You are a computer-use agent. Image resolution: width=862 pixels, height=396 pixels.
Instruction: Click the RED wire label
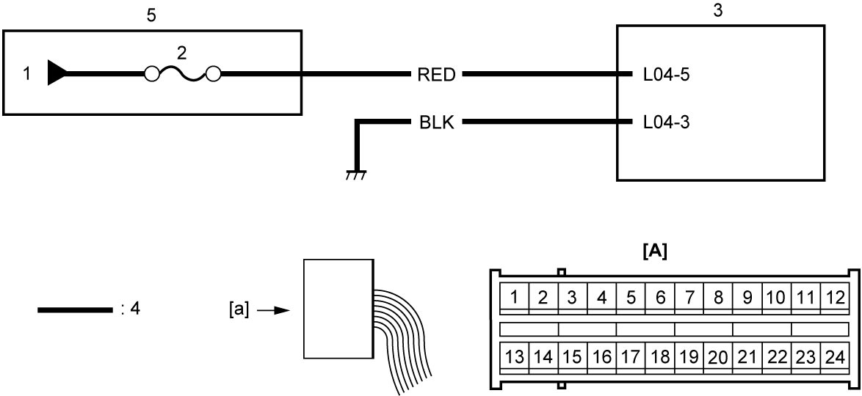(x=436, y=75)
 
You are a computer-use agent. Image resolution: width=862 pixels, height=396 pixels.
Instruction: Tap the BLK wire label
(x=436, y=122)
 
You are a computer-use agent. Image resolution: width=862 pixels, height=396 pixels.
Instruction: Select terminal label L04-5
(x=666, y=75)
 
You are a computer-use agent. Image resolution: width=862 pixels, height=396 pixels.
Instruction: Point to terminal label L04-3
(x=666, y=122)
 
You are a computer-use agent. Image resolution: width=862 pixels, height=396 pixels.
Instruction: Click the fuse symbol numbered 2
(x=183, y=73)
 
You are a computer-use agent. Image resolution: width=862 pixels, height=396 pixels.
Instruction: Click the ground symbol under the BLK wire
(x=356, y=175)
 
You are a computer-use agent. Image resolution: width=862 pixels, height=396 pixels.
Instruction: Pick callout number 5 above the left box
(x=152, y=15)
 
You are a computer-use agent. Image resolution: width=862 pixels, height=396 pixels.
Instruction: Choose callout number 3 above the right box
(x=717, y=12)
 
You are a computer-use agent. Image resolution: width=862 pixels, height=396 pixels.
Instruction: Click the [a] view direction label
(x=239, y=310)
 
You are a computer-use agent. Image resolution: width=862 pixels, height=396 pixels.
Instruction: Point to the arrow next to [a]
(x=274, y=310)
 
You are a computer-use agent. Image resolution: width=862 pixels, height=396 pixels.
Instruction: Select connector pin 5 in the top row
(x=631, y=298)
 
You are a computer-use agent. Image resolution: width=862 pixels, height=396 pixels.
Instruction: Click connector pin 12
(x=834, y=298)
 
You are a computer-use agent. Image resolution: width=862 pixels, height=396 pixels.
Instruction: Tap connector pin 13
(x=515, y=357)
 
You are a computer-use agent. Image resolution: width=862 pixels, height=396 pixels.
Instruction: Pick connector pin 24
(x=834, y=357)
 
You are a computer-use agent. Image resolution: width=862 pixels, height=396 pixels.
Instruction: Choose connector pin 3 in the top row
(x=572, y=298)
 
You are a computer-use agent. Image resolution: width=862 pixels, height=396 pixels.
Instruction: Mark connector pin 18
(x=659, y=357)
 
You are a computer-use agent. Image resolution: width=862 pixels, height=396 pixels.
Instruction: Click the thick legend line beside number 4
(x=75, y=310)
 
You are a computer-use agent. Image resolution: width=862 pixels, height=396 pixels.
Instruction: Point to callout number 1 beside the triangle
(x=27, y=73)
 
